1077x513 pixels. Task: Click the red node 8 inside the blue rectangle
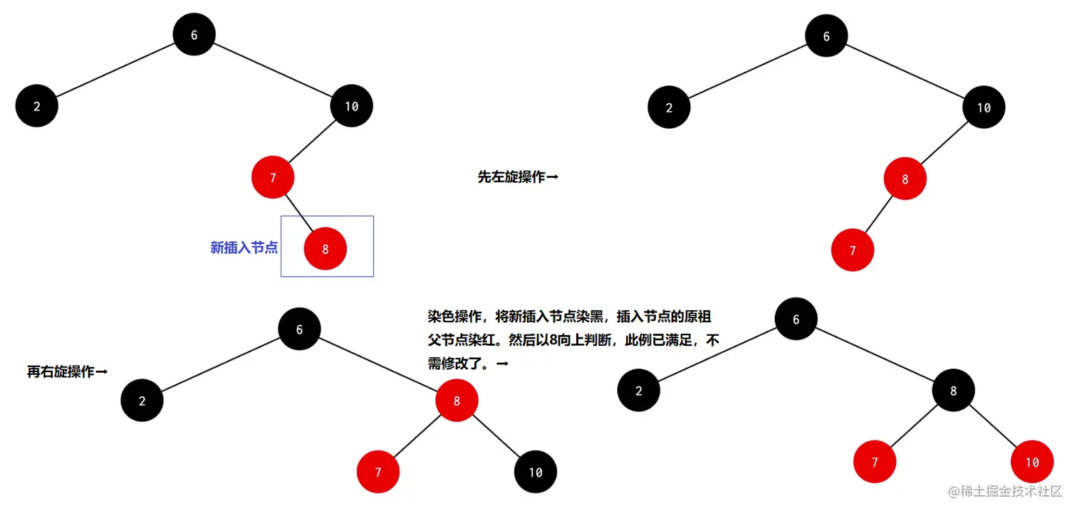tap(325, 249)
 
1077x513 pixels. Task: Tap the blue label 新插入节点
tap(244, 248)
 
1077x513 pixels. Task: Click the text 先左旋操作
tap(511, 177)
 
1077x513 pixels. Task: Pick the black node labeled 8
tap(953, 391)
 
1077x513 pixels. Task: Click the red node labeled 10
tap(1031, 462)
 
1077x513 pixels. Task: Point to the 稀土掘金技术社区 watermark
tap(1004, 492)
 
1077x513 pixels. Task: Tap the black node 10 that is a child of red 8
tap(535, 472)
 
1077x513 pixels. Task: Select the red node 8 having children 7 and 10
tap(457, 401)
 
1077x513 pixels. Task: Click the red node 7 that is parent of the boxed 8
tap(273, 177)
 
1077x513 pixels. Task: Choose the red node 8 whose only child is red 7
tap(905, 179)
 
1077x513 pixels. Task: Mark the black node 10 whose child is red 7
tap(351, 107)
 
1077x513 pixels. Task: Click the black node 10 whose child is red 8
tap(983, 107)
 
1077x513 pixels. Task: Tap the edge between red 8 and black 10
tap(496, 436)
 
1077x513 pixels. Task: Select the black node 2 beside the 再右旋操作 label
tap(142, 401)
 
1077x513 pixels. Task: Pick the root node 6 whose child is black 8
tap(796, 319)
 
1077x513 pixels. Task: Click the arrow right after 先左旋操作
tap(552, 177)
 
